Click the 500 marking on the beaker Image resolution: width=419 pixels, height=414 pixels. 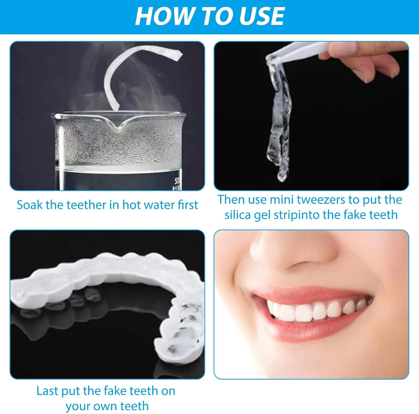coord(178,180)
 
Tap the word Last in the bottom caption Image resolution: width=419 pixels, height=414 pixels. coord(47,391)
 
